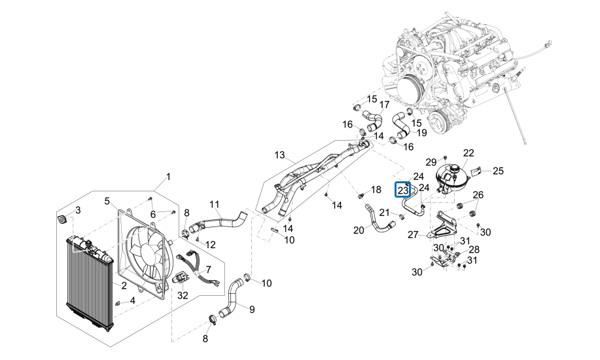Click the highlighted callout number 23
click(403, 190)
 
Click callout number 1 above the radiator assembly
click(168, 177)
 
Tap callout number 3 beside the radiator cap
click(78, 210)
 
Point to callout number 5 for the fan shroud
click(107, 201)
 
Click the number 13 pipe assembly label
click(280, 155)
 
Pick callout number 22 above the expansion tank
click(468, 153)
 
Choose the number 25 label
click(499, 171)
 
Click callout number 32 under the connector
click(183, 295)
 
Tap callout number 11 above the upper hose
click(215, 204)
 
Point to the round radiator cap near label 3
click(62, 219)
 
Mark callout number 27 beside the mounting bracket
click(413, 235)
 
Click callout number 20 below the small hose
click(359, 230)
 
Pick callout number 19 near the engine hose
click(421, 132)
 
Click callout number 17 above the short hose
click(384, 104)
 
